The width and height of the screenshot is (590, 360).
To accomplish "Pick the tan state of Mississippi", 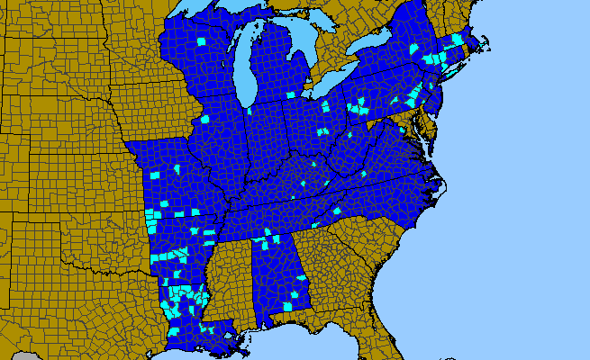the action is point(230,279).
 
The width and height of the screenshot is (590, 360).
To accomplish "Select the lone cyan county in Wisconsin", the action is point(200,40).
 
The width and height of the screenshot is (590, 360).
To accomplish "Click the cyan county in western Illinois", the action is point(204,119).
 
